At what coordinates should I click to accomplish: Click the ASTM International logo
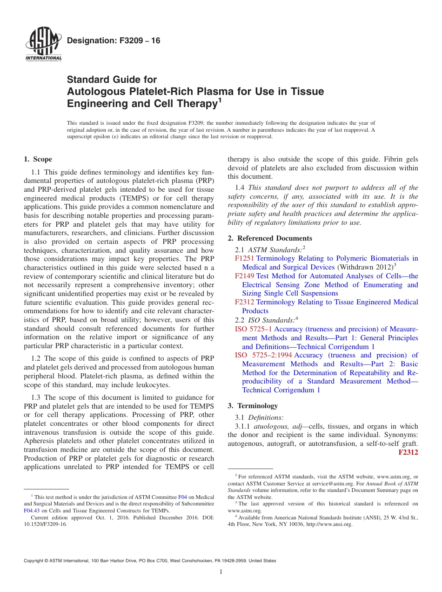43,45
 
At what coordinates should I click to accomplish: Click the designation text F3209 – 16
114,41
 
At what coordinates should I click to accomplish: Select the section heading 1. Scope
38,159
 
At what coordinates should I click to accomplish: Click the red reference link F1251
244,258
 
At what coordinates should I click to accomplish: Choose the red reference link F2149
244,276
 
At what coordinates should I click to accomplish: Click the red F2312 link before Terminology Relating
244,302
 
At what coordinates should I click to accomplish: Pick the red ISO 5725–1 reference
254,329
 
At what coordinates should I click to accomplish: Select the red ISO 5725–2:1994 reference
263,355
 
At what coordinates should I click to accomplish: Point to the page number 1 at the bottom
221,572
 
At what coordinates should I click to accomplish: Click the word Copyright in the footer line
35,561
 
